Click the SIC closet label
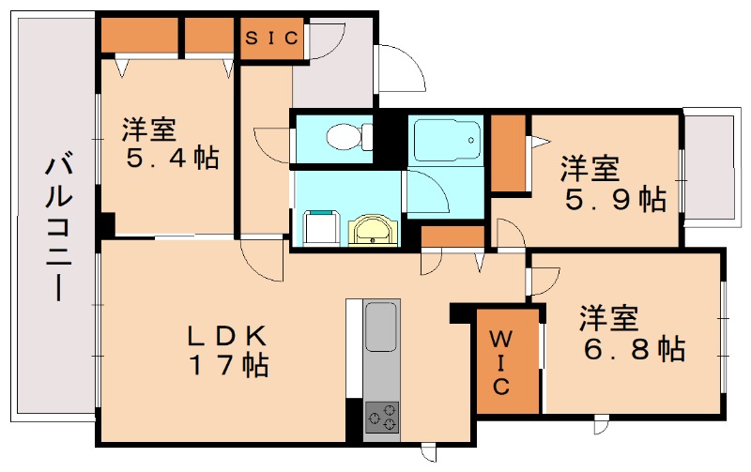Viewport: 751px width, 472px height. pos(272,38)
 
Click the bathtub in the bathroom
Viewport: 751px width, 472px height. pos(446,142)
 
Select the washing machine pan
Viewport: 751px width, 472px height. pos(321,226)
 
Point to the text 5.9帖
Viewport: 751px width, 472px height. pos(615,198)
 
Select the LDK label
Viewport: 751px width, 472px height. pos(227,334)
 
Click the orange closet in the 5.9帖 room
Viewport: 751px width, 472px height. pos(508,152)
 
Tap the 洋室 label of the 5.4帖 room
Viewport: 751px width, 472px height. pos(150,128)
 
